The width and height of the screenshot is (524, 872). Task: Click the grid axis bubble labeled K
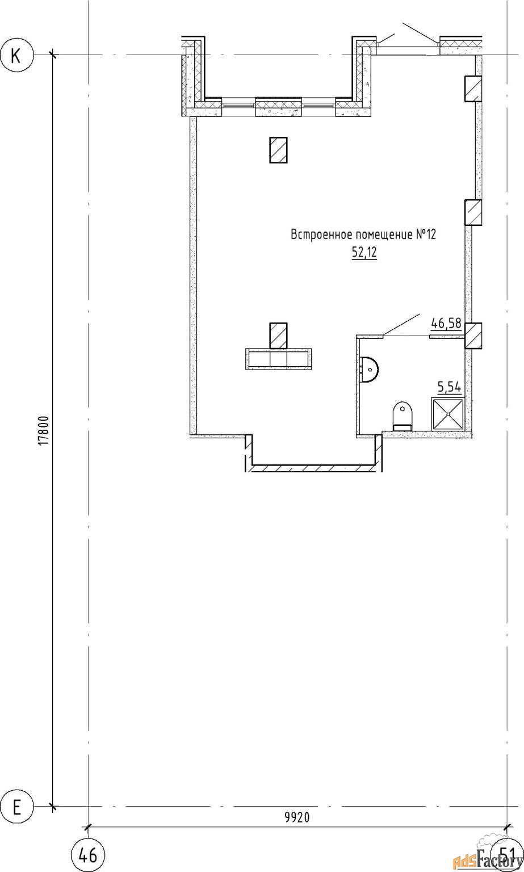(16, 55)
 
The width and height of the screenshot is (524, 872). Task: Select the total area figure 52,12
(364, 253)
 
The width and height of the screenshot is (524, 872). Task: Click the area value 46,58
(446, 323)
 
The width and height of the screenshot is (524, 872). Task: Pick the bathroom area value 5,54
(450, 387)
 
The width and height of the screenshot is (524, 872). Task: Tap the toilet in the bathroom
(403, 416)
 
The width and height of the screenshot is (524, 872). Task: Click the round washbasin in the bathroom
(369, 370)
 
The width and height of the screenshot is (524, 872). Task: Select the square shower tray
(447, 414)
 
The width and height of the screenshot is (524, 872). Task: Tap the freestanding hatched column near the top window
(278, 150)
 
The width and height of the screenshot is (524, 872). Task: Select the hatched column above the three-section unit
(278, 336)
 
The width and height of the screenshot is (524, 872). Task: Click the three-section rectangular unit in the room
(278, 359)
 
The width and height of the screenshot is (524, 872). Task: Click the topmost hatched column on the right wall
(473, 89)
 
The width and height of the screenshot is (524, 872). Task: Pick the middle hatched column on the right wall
(473, 212)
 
